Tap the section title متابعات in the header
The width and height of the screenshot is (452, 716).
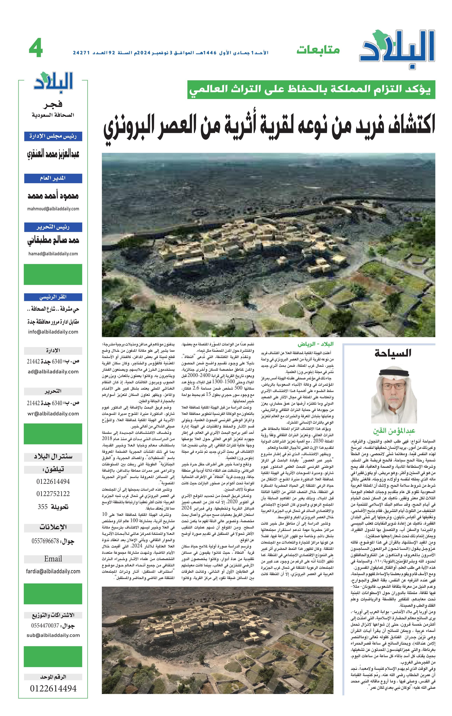click(318, 50)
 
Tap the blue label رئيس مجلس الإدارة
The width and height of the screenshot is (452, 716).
click(53, 137)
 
